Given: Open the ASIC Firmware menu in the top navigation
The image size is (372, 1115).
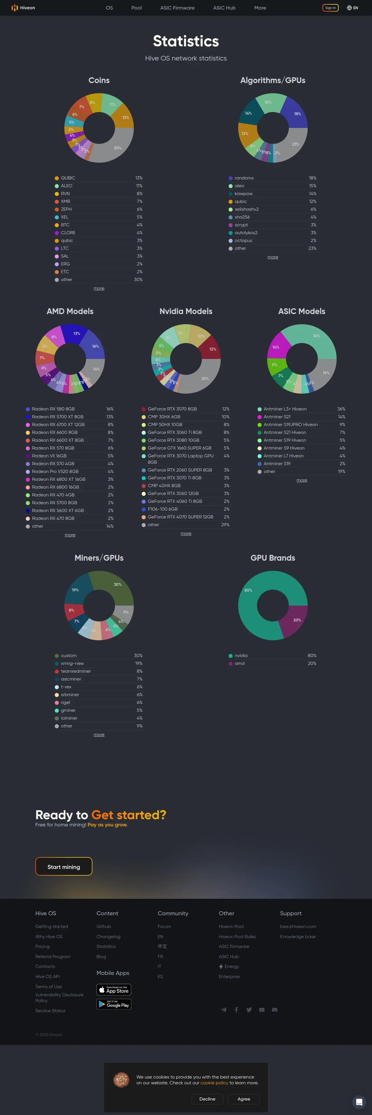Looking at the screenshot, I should [x=177, y=8].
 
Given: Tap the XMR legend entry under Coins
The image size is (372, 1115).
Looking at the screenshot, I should [x=65, y=201].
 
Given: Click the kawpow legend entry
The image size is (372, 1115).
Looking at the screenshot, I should [x=243, y=193].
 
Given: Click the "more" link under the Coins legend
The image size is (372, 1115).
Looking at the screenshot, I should [x=99, y=288].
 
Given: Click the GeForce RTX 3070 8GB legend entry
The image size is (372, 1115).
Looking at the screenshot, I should [x=172, y=409].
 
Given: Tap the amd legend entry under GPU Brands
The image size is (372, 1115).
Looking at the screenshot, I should [x=240, y=663].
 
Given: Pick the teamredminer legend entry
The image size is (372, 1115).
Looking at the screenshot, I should [x=76, y=671].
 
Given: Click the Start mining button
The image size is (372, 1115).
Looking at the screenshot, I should [x=64, y=867].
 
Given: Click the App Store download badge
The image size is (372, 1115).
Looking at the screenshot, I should [x=114, y=989].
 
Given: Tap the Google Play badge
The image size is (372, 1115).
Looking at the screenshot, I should [x=114, y=1004].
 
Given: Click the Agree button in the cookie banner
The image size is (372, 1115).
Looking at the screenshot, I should [x=244, y=1099].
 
